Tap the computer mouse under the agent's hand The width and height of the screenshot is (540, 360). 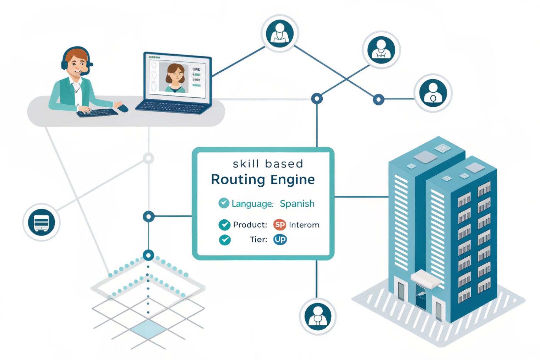(122, 108)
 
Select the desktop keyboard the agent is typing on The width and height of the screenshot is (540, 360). (97, 113)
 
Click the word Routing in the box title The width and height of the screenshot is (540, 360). (237, 180)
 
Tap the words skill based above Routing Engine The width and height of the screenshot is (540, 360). (268, 164)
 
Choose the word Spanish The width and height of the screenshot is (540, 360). (297, 204)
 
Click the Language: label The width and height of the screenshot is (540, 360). (252, 204)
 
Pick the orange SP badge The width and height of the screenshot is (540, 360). (279, 225)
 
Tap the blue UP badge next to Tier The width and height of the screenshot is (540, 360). (280, 240)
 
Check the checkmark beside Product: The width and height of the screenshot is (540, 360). (224, 225)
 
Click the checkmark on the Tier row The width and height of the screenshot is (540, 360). (224, 240)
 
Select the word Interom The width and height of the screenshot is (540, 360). (304, 225)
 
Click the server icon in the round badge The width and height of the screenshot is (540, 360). (42, 223)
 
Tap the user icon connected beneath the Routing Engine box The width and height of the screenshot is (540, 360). (318, 316)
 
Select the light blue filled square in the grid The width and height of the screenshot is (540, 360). (148, 329)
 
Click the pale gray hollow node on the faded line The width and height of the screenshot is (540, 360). (148, 158)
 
